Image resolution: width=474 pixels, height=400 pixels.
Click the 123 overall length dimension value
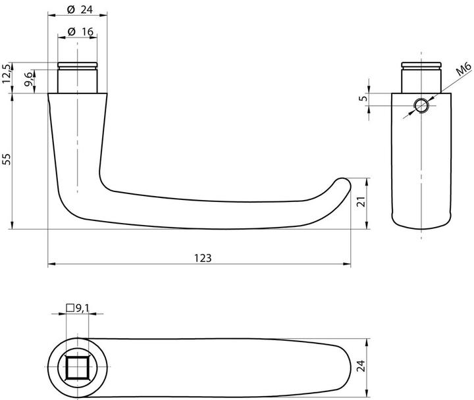coord(203,259)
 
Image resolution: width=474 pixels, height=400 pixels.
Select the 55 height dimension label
coord(7,159)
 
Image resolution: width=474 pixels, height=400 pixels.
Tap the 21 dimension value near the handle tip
coord(361,201)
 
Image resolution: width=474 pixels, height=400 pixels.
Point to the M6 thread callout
coord(463,70)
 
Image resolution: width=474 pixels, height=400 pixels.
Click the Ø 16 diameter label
coord(80,32)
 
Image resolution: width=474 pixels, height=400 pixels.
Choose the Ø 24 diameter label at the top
coord(80,10)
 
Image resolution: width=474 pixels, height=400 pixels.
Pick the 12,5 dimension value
coord(7,74)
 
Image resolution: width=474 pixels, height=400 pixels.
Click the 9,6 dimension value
coord(28,79)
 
